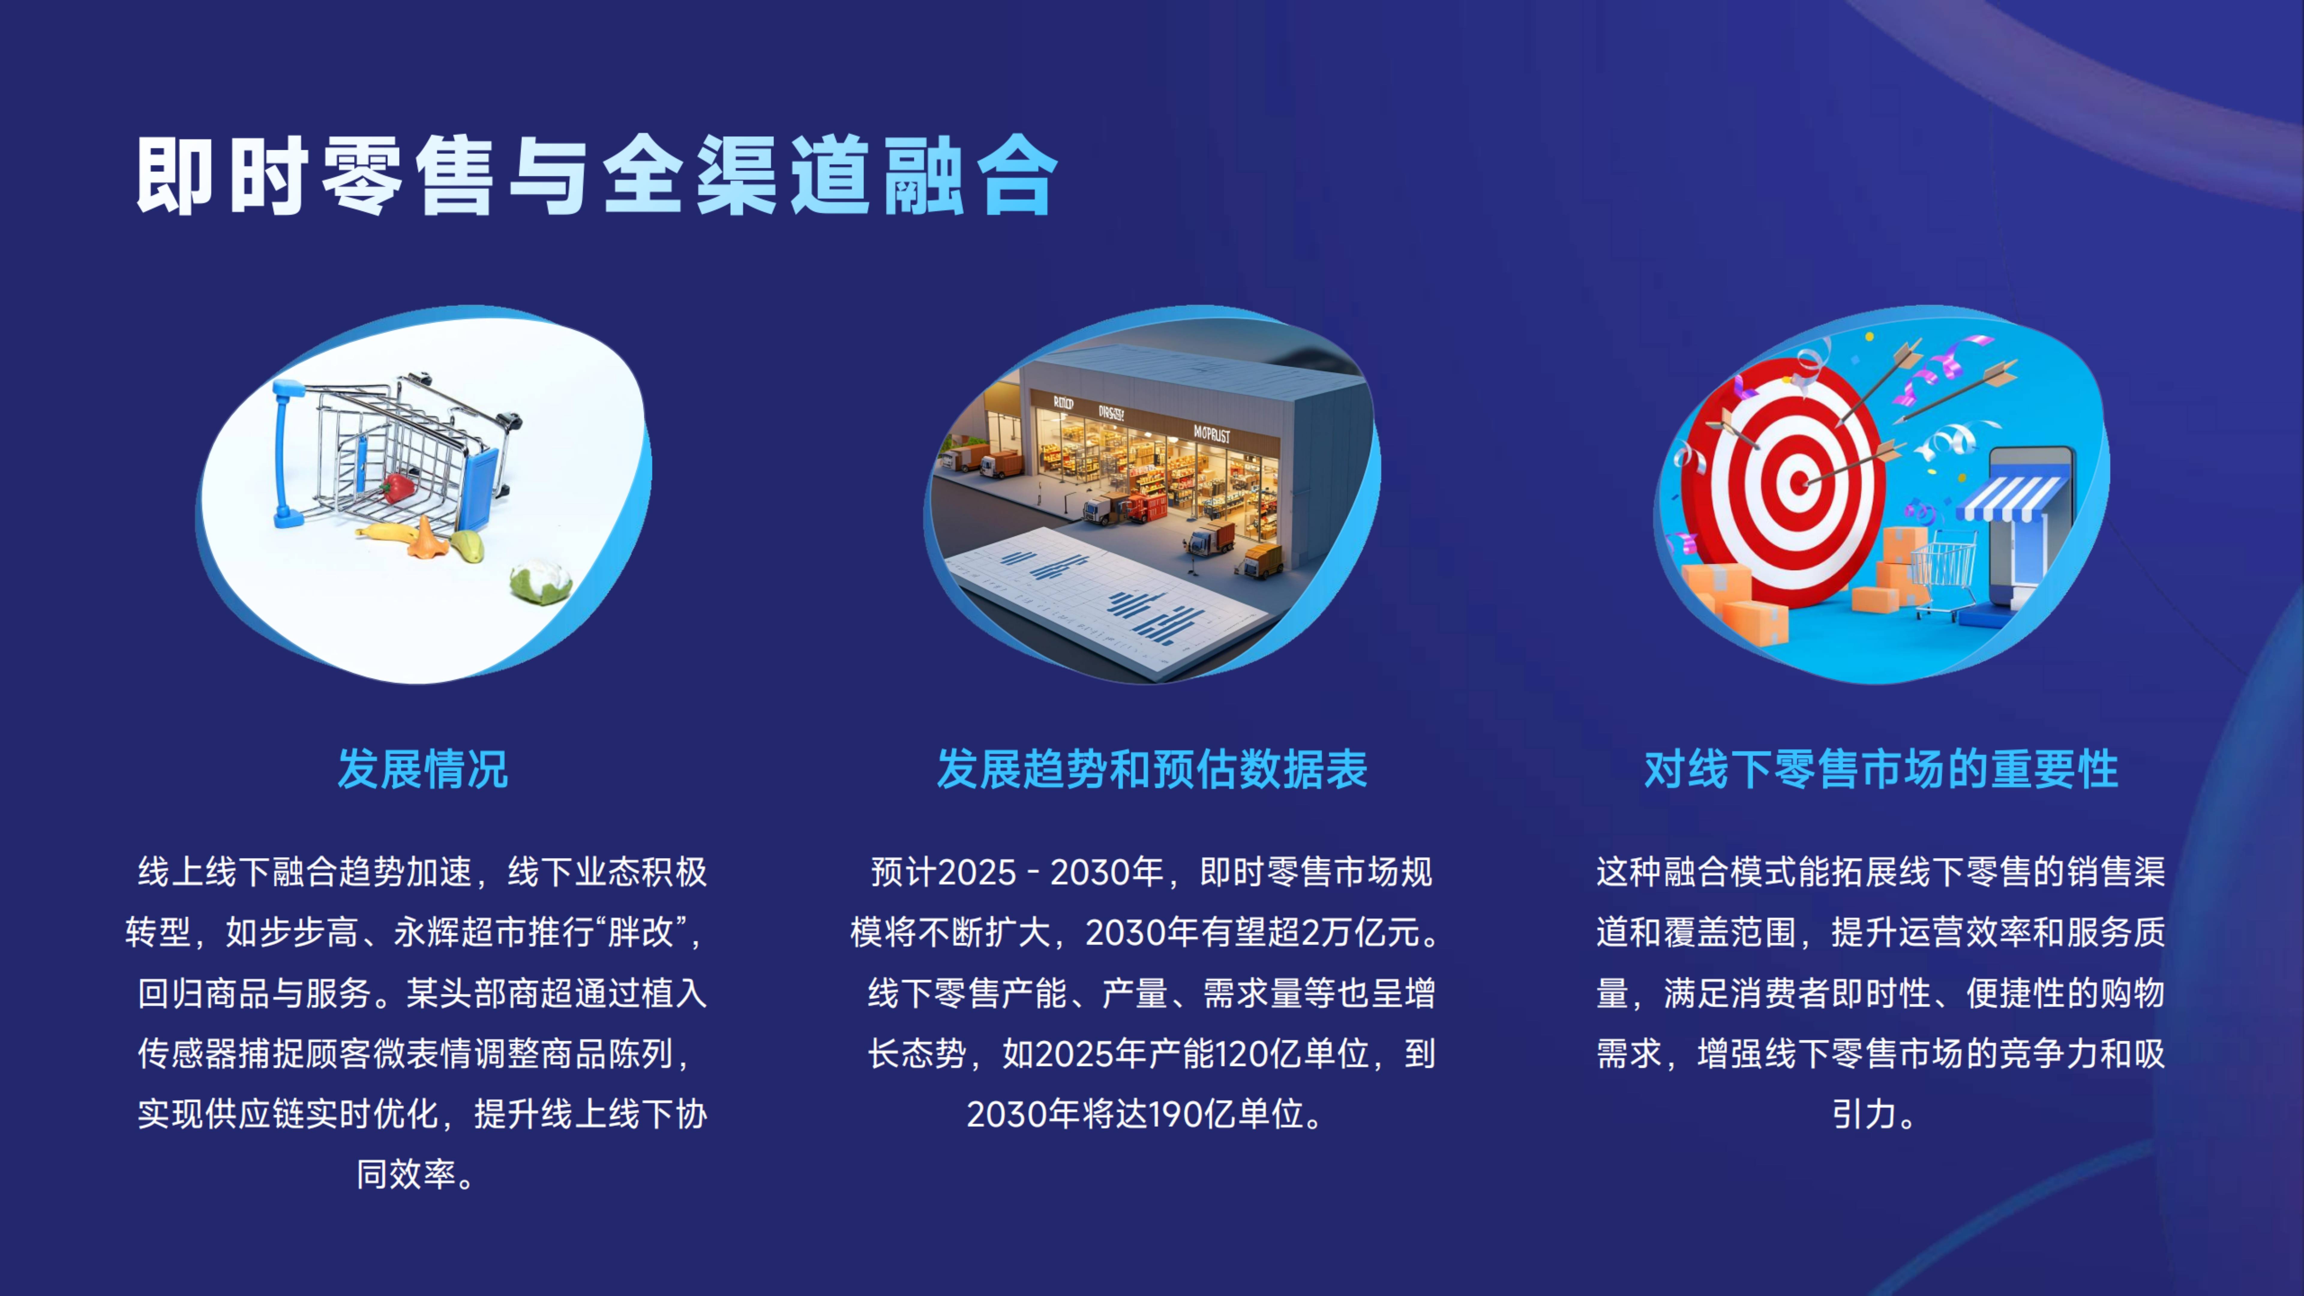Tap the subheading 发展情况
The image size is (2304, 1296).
(x=422, y=769)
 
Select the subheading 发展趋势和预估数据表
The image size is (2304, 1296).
(x=1152, y=769)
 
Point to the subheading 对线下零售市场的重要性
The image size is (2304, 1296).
(x=1881, y=769)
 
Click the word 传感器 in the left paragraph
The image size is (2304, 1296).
(x=188, y=1054)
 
